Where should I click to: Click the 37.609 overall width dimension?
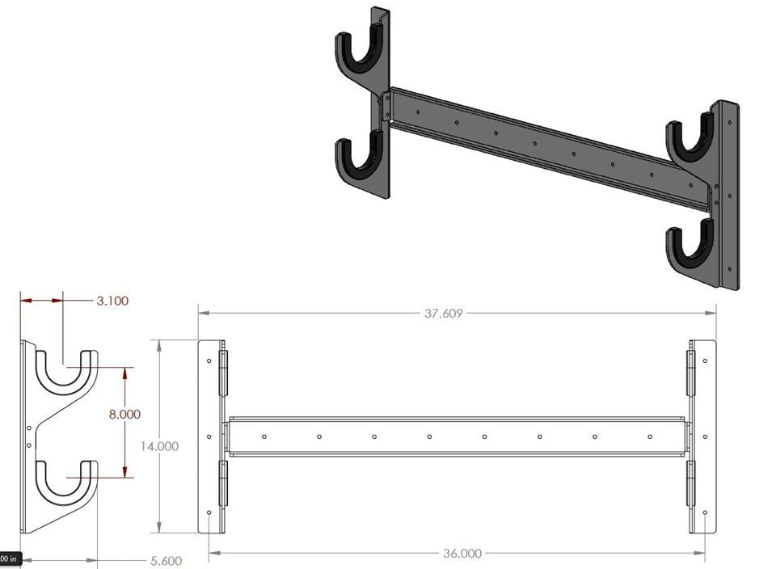point(443,314)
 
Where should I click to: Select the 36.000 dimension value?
point(462,554)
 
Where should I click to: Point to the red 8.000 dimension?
point(124,414)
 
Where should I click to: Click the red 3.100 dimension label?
point(112,301)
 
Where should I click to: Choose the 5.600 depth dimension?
point(165,560)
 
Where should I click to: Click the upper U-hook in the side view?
point(66,377)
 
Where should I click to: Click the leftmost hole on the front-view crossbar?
point(264,436)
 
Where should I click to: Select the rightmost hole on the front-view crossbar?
point(650,436)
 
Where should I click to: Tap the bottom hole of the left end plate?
point(209,513)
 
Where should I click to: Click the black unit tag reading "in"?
point(10,558)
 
